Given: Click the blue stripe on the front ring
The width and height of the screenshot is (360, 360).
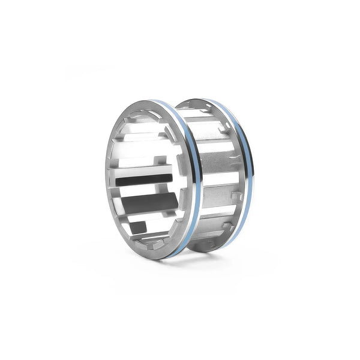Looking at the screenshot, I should coord(196,180).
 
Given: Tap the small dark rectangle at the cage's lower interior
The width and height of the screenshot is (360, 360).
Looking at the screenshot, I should coord(138,227).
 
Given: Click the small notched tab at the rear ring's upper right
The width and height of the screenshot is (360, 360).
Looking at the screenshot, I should coord(226,129).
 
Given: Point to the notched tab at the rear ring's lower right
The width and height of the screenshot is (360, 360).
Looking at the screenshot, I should coord(229,225).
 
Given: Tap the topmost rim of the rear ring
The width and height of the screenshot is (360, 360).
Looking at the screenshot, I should coord(204,100).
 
